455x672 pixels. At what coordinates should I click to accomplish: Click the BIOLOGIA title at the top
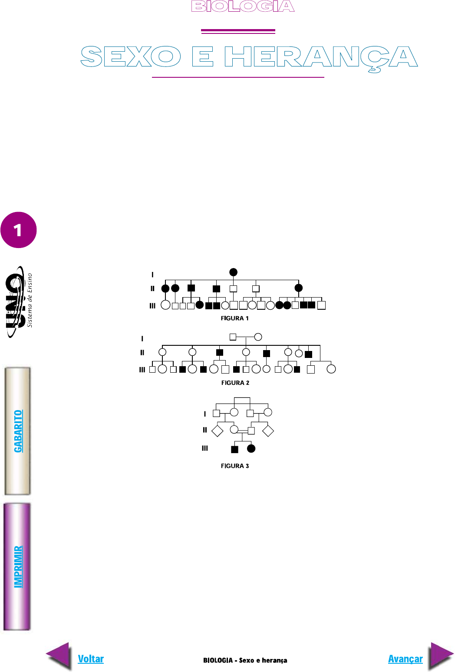pyautogui.click(x=243, y=6)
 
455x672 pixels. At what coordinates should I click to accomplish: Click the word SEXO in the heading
pyautogui.click(x=131, y=56)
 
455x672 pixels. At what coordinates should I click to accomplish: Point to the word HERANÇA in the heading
pyautogui.click(x=321, y=59)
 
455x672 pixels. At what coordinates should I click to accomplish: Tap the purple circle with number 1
pyautogui.click(x=19, y=230)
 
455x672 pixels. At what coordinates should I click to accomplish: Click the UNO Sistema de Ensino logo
pyautogui.click(x=19, y=301)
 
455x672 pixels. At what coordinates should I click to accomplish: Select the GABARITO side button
pyautogui.click(x=17, y=431)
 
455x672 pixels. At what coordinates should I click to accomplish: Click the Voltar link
pyautogui.click(x=91, y=659)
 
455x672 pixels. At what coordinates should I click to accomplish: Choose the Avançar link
pyautogui.click(x=405, y=659)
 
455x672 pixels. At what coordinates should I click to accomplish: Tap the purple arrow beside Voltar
pyautogui.click(x=59, y=656)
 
